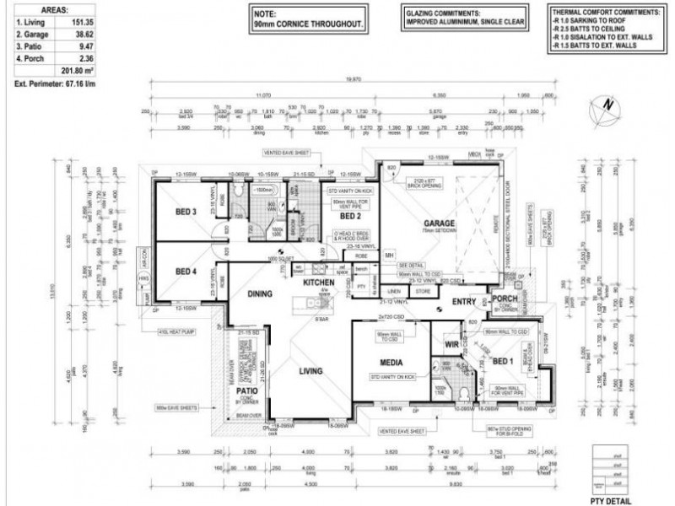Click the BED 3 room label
coord(186,211)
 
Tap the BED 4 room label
coord(186,272)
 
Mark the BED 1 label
coord(503,360)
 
